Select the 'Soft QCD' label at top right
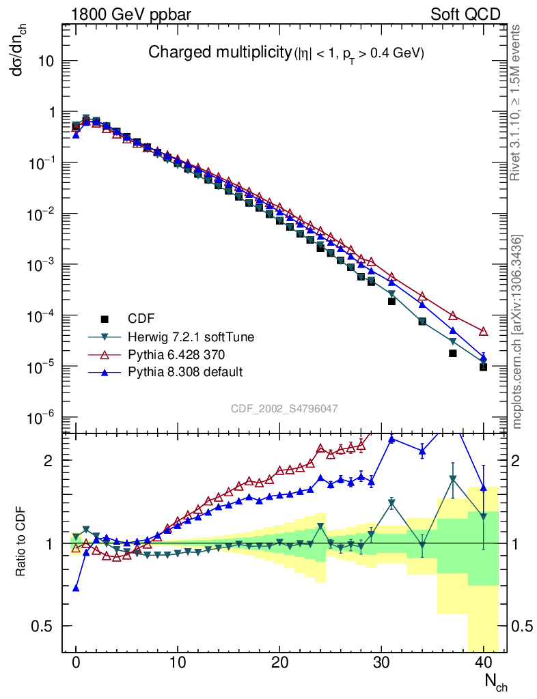[x=465, y=14]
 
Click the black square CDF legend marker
[x=105, y=319]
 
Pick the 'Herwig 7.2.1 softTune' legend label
[x=182, y=337]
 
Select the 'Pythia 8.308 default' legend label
[x=180, y=372]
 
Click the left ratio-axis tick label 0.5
[x=42, y=626]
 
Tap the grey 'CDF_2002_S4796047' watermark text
[x=284, y=409]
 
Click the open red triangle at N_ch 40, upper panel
[x=483, y=331]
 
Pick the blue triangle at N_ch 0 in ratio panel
[x=76, y=588]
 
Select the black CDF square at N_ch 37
[x=452, y=353]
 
